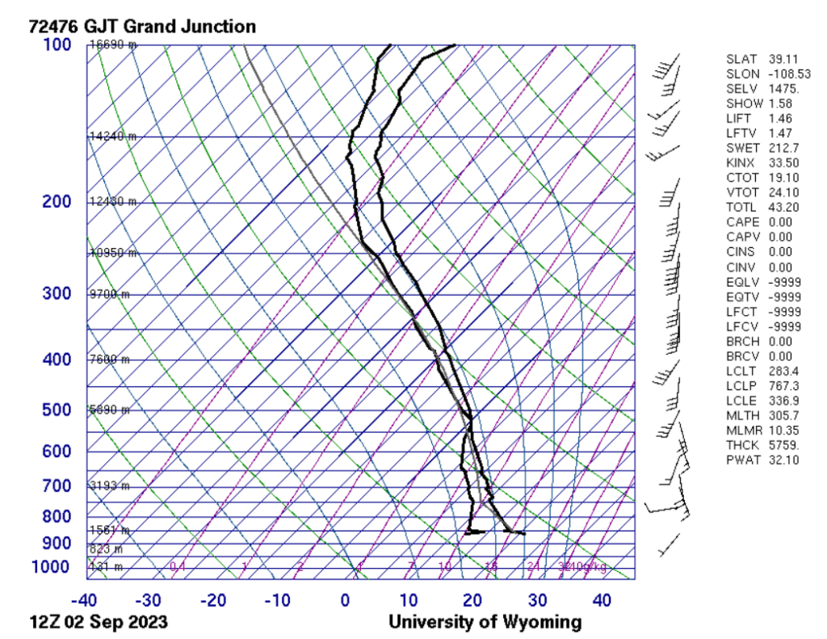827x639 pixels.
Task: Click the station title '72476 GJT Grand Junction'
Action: click(142, 27)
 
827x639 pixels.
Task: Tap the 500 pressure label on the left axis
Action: click(57, 410)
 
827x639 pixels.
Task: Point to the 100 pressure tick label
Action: click(57, 44)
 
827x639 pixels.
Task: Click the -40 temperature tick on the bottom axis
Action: click(84, 601)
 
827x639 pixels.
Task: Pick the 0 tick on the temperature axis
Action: click(345, 601)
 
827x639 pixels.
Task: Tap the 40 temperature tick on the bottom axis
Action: click(601, 601)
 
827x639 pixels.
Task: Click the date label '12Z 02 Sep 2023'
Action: click(99, 623)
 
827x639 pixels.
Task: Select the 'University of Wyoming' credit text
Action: click(485, 623)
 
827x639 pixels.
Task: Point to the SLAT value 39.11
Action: click(781, 60)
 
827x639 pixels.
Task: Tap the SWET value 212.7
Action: click(781, 149)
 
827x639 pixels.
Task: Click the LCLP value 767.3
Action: click(781, 386)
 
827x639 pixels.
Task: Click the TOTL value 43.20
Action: click(781, 208)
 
